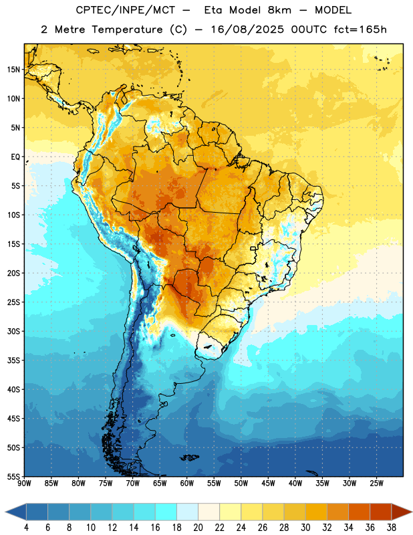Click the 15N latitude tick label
coord(13,70)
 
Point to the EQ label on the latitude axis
coord(15,157)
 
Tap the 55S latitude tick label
coord(13,476)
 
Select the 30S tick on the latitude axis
coord(13,331)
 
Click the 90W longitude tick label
coord(24,483)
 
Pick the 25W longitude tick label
coord(376,483)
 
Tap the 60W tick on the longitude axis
coord(187,483)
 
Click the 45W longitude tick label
coord(268,483)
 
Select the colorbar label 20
coord(198,528)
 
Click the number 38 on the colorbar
coord(392,528)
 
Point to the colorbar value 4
coord(26,528)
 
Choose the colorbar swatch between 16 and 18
coord(166,512)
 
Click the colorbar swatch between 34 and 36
coord(359,512)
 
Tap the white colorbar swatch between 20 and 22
coord(209,512)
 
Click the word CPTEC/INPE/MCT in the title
coord(126,10)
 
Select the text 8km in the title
coord(279,10)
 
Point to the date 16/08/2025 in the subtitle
coord(247,29)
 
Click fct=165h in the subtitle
coord(360,29)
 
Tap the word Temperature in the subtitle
coord(127,29)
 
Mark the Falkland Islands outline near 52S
coord(189,457)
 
